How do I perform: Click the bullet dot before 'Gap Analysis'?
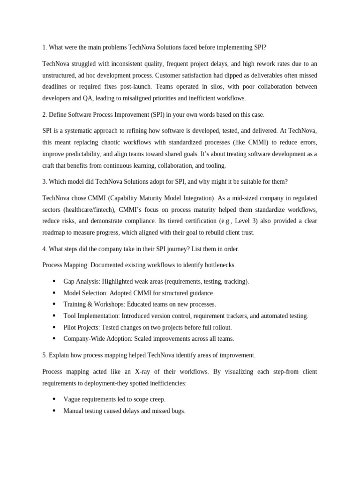[x=54, y=281]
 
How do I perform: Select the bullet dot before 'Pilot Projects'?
[x=54, y=327]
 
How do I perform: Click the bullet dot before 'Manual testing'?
[x=54, y=411]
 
